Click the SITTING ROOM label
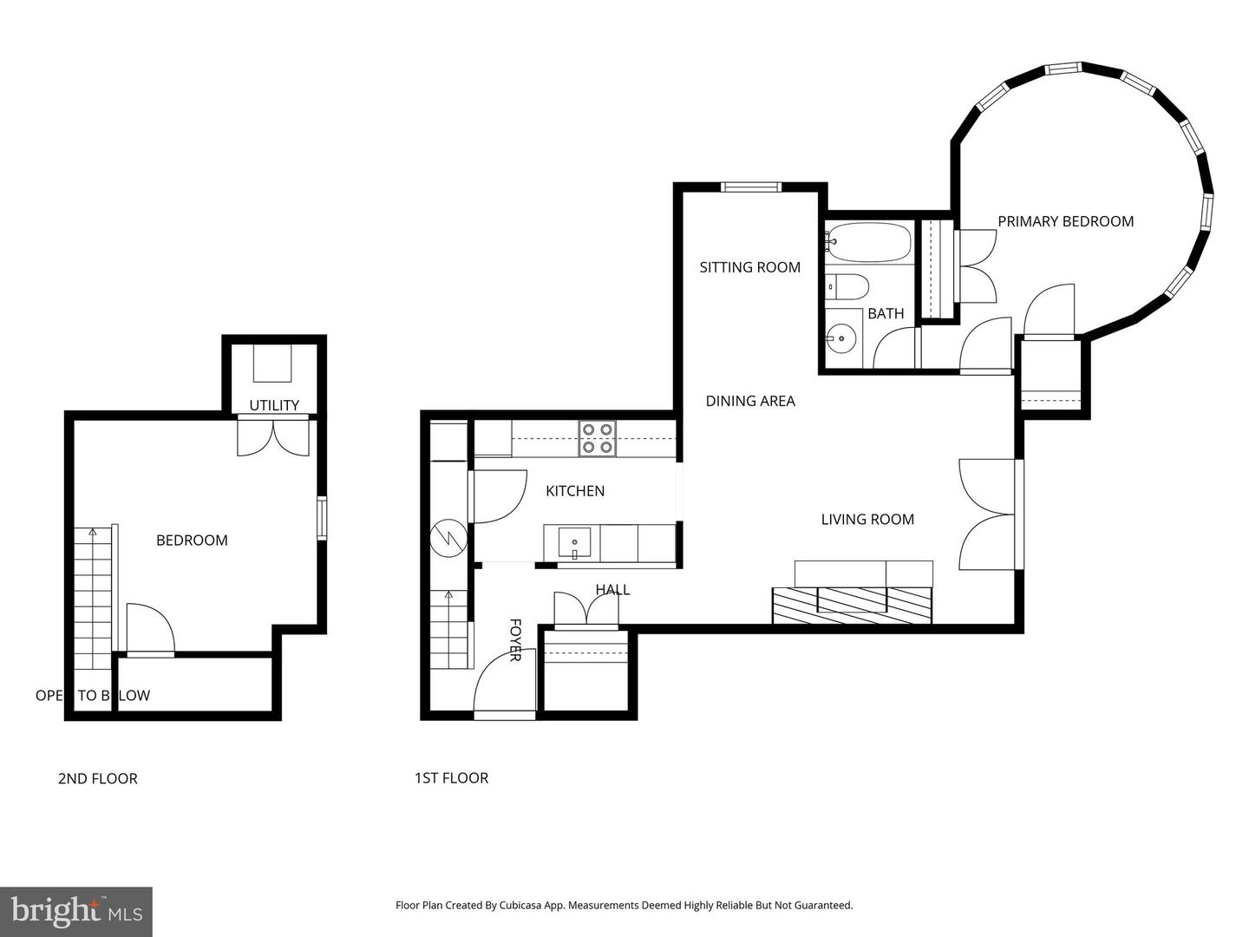point(749,267)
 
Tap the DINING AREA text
point(749,401)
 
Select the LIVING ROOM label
point(867,520)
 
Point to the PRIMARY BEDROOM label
point(1065,221)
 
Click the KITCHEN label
point(574,491)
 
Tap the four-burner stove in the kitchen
point(598,439)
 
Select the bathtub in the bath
point(867,242)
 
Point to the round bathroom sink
point(840,338)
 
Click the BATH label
point(886,314)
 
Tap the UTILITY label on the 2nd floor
point(274,405)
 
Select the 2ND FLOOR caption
point(97,779)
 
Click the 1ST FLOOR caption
point(451,778)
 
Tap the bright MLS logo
point(76,911)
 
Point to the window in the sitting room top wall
point(751,187)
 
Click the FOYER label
point(514,640)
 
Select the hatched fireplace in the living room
point(852,605)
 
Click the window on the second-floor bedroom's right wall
point(322,518)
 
